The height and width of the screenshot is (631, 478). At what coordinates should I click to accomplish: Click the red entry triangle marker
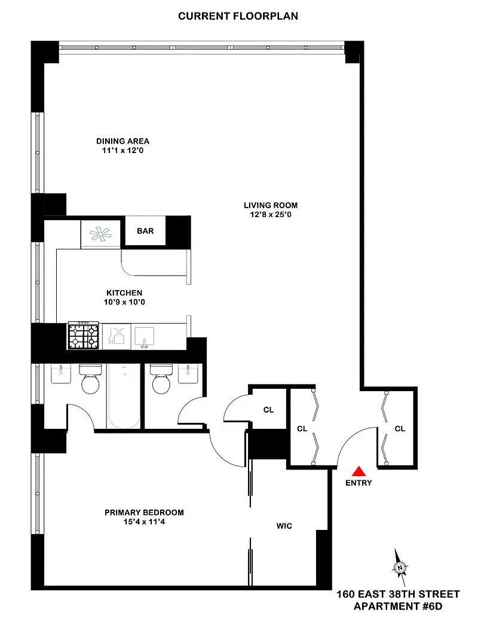pyautogui.click(x=358, y=471)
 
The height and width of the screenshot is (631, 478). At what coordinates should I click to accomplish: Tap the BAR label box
pyautogui.click(x=145, y=231)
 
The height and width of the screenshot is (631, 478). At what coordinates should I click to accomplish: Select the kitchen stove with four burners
pyautogui.click(x=83, y=335)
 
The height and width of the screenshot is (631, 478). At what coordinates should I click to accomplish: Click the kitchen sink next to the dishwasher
pyautogui.click(x=145, y=336)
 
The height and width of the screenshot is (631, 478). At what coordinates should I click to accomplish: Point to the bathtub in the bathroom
pyautogui.click(x=124, y=396)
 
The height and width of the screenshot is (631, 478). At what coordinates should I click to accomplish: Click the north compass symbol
pyautogui.click(x=400, y=568)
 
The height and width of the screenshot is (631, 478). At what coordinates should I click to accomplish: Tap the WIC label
pyautogui.click(x=284, y=526)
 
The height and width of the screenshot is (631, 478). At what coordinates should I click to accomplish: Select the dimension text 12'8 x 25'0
pyautogui.click(x=271, y=215)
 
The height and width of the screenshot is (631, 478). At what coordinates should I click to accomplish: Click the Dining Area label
pyautogui.click(x=122, y=141)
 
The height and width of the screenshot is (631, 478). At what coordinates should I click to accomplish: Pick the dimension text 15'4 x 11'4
pyautogui.click(x=145, y=522)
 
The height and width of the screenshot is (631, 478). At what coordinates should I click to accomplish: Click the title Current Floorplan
pyautogui.click(x=238, y=16)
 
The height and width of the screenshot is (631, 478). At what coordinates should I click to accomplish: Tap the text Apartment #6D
pyautogui.click(x=398, y=606)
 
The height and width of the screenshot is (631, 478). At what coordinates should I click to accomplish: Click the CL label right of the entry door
pyautogui.click(x=400, y=429)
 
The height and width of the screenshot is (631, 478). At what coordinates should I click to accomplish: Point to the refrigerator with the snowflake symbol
pyautogui.click(x=100, y=234)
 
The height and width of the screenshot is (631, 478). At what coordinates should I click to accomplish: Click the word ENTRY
pyautogui.click(x=358, y=483)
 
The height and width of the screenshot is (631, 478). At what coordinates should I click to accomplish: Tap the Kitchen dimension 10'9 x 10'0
pyautogui.click(x=124, y=302)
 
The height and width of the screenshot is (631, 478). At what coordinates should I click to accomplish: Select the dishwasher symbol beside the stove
pyautogui.click(x=116, y=336)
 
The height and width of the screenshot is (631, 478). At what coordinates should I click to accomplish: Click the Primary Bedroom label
pyautogui.click(x=145, y=513)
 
